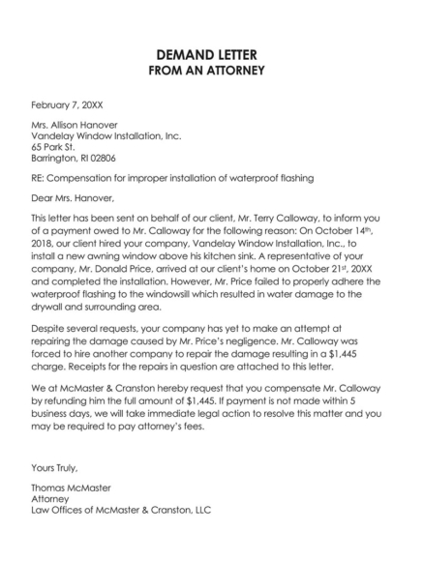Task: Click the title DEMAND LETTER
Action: (x=210, y=54)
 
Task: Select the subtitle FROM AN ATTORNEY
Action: (x=210, y=72)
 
